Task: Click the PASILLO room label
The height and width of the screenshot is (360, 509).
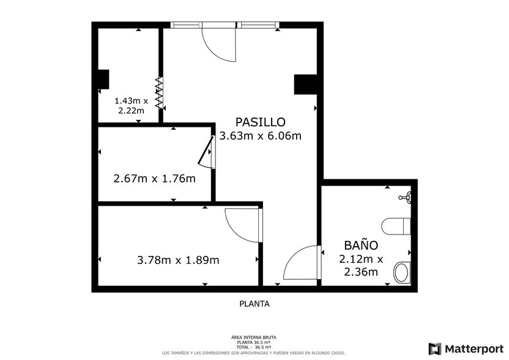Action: [x=260, y=122]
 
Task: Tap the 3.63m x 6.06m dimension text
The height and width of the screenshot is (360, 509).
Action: [x=260, y=136]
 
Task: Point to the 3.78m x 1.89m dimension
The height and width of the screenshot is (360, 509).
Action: [x=178, y=260]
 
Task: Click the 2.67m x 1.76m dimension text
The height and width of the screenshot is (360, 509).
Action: [x=154, y=179]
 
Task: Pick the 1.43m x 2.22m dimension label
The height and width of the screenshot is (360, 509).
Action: [x=131, y=105]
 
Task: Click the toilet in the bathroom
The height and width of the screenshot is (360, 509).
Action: [x=396, y=227]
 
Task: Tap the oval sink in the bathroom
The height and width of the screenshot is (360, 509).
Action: [x=401, y=272]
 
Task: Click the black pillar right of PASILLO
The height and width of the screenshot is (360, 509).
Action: [x=304, y=84]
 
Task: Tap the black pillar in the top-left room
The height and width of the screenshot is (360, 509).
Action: [x=103, y=80]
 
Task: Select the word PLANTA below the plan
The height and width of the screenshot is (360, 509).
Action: [x=254, y=303]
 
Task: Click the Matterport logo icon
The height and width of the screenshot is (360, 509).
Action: [x=435, y=348]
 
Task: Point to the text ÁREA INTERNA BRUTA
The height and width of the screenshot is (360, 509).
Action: [x=253, y=337]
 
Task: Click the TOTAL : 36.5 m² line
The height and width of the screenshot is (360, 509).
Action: [x=253, y=347]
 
